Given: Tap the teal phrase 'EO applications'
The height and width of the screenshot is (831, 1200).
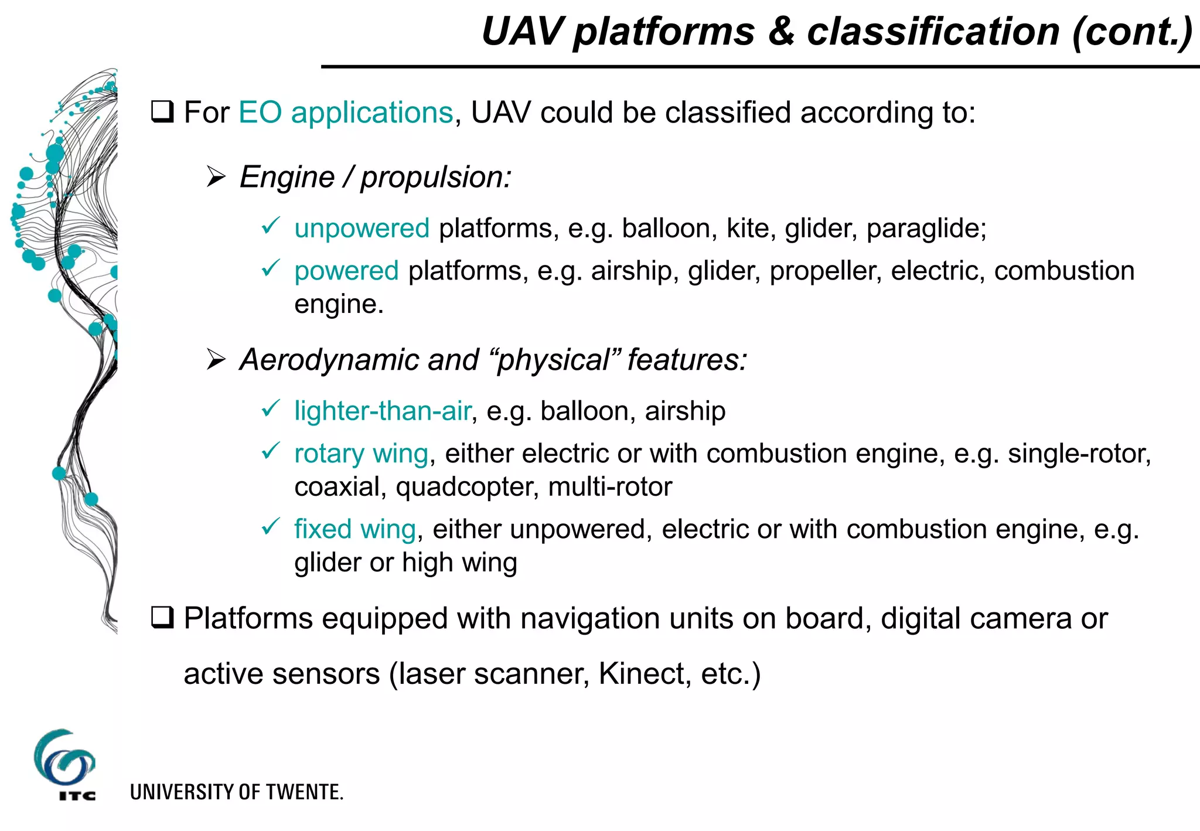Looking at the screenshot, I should pyautogui.click(x=346, y=113).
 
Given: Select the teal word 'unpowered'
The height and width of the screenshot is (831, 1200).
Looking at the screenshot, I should pyautogui.click(x=362, y=229).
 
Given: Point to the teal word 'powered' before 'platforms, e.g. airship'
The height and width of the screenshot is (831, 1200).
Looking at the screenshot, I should pyautogui.click(x=346, y=271).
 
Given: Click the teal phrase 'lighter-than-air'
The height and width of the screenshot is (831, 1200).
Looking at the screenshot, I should pyautogui.click(x=383, y=411).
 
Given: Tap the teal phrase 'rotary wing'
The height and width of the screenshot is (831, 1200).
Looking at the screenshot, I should pyautogui.click(x=361, y=454).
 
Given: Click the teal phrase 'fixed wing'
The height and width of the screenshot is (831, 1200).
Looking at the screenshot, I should pyautogui.click(x=355, y=529).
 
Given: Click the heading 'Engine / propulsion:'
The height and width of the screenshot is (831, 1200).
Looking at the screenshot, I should pyautogui.click(x=376, y=177).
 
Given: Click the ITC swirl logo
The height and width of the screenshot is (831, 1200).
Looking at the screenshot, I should pyautogui.click(x=64, y=760).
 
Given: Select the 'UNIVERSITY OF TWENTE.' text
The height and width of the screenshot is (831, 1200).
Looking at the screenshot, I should pyautogui.click(x=237, y=792).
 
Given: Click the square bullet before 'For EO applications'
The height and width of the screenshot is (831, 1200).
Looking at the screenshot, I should pyautogui.click(x=162, y=112).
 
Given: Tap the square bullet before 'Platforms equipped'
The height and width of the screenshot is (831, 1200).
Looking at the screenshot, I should pyautogui.click(x=162, y=618).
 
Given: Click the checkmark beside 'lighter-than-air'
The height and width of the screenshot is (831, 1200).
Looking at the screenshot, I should pyautogui.click(x=270, y=408).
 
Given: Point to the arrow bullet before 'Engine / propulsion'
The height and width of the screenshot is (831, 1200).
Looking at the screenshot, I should pyautogui.click(x=216, y=177).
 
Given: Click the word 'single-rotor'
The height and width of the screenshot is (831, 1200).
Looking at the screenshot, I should pyautogui.click(x=1079, y=454).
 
